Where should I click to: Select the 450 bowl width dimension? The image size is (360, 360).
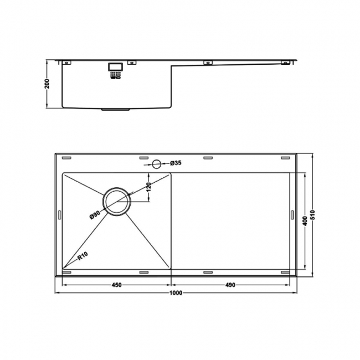[116, 285]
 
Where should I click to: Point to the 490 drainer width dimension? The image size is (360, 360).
[230, 285]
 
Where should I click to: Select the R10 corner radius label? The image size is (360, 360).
[83, 256]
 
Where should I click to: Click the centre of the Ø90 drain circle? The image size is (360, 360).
[116, 200]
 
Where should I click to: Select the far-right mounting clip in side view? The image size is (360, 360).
[285, 63]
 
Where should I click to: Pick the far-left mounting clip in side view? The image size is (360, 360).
[65, 62]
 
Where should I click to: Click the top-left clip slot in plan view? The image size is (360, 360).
[66, 158]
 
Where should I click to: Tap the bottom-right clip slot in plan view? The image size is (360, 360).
[285, 272]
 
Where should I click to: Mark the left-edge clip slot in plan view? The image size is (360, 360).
[60, 214]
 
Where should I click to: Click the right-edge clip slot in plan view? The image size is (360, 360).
[292, 214]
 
